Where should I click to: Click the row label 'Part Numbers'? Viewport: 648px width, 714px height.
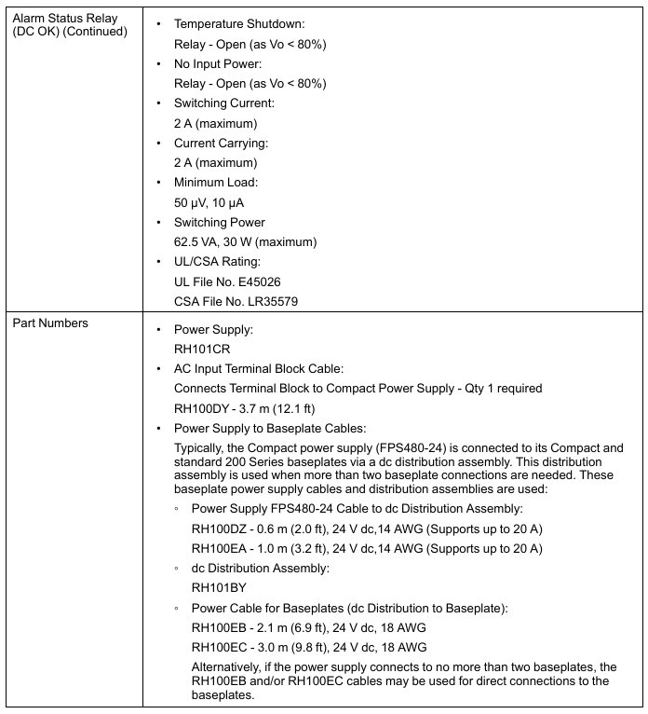pos(49,323)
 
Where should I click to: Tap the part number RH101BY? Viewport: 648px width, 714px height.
pos(219,588)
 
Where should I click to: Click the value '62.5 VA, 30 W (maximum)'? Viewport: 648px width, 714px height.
pos(245,242)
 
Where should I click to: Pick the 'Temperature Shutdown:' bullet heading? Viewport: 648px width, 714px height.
pos(239,24)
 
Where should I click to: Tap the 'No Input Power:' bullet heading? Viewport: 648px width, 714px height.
pos(218,64)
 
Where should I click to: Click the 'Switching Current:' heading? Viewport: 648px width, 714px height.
pos(223,103)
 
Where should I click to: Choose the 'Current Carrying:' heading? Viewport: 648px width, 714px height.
pos(221,144)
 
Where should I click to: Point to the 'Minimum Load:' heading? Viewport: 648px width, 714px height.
pos(215,183)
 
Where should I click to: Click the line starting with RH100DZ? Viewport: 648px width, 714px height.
pos(367,529)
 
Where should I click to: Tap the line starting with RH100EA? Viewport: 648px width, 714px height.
pos(367,548)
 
